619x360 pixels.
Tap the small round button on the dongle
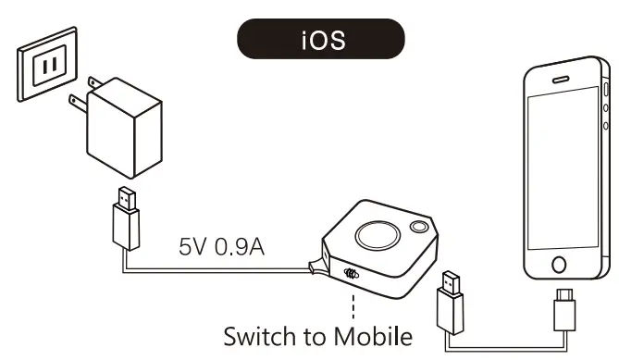click(x=421, y=227)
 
